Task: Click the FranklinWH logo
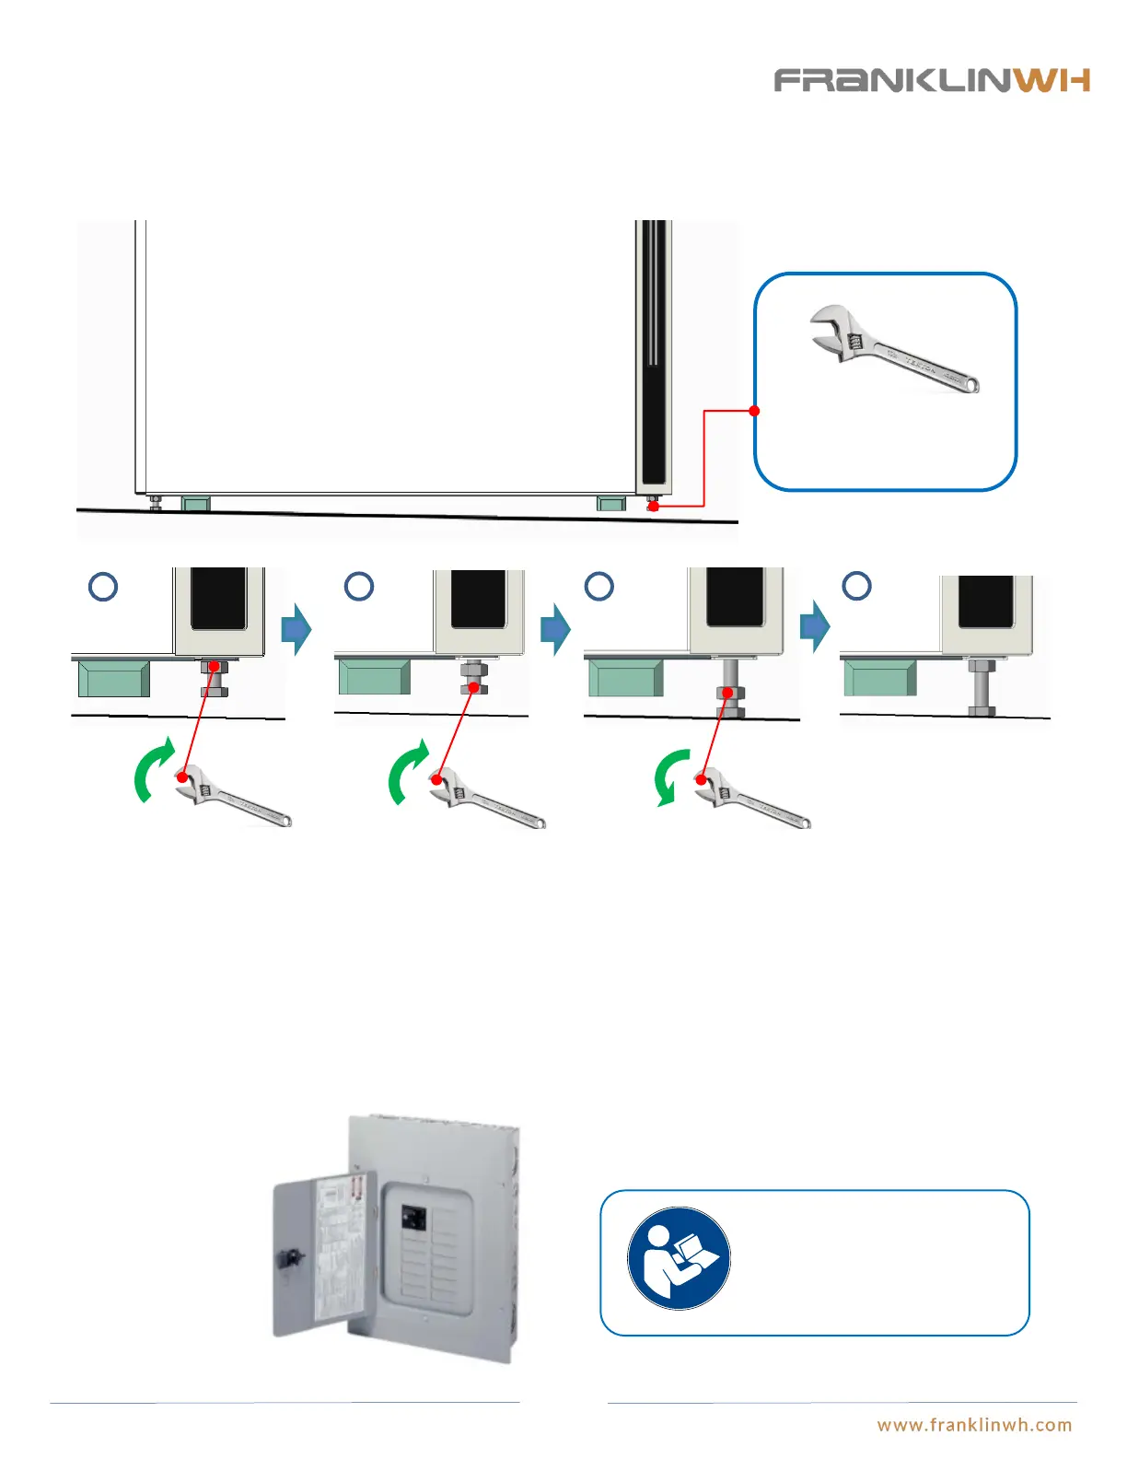click(932, 80)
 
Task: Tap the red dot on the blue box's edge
click(754, 411)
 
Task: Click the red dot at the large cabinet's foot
click(653, 506)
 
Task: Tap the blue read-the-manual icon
click(679, 1257)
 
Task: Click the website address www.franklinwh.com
click(974, 1425)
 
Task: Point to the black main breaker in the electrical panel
click(413, 1218)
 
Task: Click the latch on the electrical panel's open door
click(287, 1256)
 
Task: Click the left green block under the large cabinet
click(195, 503)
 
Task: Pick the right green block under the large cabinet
click(611, 503)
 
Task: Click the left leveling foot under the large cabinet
click(156, 502)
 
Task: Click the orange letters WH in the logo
click(1052, 80)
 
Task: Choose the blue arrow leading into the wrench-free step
click(815, 627)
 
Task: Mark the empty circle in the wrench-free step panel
click(857, 586)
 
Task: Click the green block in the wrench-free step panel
click(879, 678)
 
